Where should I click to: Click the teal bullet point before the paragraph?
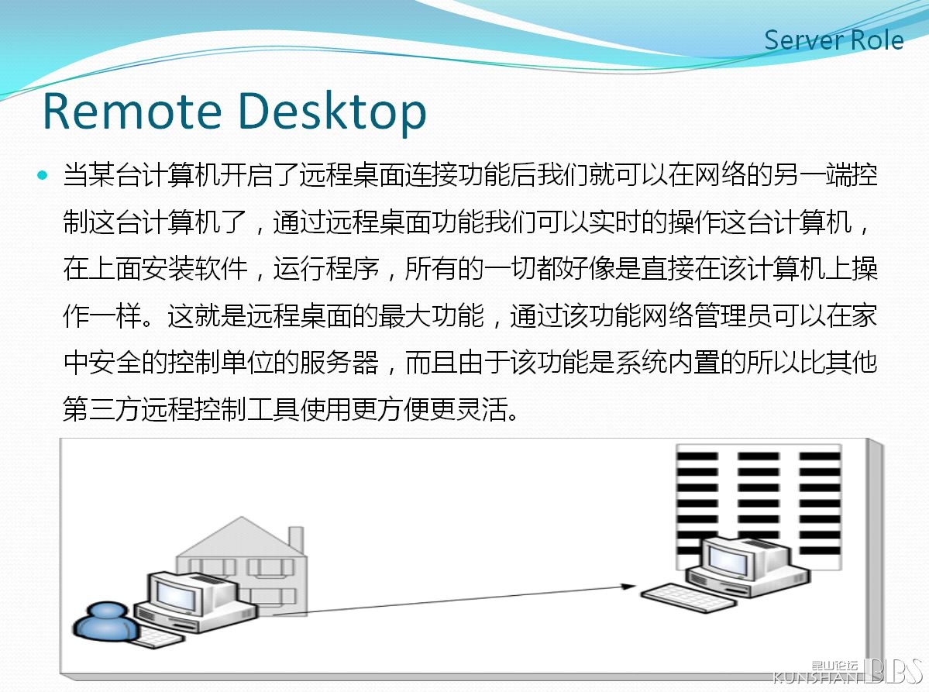point(42,175)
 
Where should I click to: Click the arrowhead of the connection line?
point(628,587)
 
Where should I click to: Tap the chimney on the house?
point(296,540)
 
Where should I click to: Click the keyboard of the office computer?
point(689,597)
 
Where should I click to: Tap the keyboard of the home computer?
point(155,638)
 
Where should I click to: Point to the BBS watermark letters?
point(893,670)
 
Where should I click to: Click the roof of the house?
point(242,536)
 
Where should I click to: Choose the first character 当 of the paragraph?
point(77,175)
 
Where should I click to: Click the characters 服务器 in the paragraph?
point(339,362)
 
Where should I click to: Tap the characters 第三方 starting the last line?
point(102,409)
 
